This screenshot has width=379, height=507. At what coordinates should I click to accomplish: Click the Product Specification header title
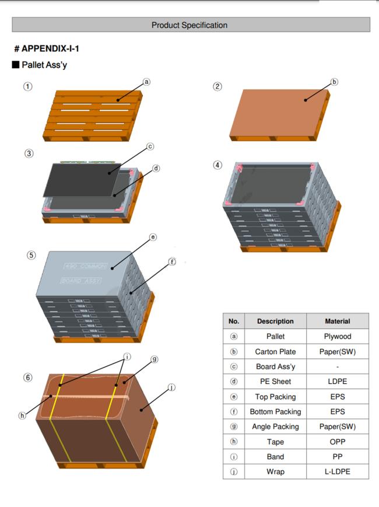pos(189,25)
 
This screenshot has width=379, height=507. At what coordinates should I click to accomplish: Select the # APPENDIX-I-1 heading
pos(47,48)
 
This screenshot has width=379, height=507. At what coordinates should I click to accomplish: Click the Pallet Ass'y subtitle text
pos(44,65)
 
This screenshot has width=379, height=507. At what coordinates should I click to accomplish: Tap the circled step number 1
pos(27,86)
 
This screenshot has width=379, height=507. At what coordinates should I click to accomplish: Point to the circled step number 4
pos(217,165)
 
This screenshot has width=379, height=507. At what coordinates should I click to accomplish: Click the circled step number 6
pos(27,377)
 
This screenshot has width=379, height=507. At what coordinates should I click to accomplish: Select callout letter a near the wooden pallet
pos(146,82)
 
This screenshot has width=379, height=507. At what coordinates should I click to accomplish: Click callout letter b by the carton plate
pos(334,82)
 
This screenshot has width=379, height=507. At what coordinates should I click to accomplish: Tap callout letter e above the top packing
pos(152,237)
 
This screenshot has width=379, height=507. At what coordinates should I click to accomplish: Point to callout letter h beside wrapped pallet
pos(22,415)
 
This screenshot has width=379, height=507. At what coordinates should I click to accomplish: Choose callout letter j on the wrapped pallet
pos(171,387)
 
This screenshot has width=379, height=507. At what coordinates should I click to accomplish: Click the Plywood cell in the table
pos(337,336)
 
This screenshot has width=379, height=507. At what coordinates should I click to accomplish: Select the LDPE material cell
pos(337,382)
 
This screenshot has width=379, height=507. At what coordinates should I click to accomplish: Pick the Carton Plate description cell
pos(275,351)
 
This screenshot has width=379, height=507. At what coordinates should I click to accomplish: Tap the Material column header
pos(337,321)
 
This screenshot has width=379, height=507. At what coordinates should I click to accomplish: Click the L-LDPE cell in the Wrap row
pos(337,471)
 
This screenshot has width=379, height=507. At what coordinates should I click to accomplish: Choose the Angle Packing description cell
pos(275,426)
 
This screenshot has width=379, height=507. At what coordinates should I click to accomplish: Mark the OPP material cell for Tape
pos(337,442)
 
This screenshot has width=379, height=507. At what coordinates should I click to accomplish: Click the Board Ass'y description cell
pos(275,366)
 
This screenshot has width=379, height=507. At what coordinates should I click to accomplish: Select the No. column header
pos(234,321)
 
